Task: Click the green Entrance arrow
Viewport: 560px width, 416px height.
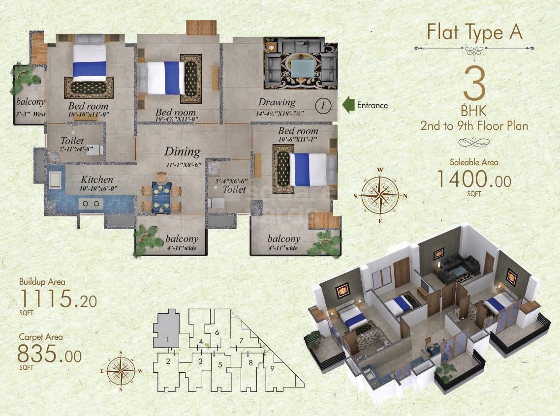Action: click(348, 105)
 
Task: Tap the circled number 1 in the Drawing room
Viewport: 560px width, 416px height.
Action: click(322, 105)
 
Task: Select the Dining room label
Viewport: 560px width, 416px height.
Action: click(182, 152)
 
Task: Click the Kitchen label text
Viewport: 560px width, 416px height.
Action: click(97, 180)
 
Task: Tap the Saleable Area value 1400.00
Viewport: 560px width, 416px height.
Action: click(474, 179)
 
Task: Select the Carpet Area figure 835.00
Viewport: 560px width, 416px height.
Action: click(49, 354)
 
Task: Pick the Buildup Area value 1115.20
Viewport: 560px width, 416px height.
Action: click(51, 298)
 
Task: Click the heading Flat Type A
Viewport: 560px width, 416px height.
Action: click(474, 32)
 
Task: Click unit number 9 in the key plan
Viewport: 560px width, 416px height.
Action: click(272, 368)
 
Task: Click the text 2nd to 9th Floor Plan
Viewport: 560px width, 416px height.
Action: click(474, 126)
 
